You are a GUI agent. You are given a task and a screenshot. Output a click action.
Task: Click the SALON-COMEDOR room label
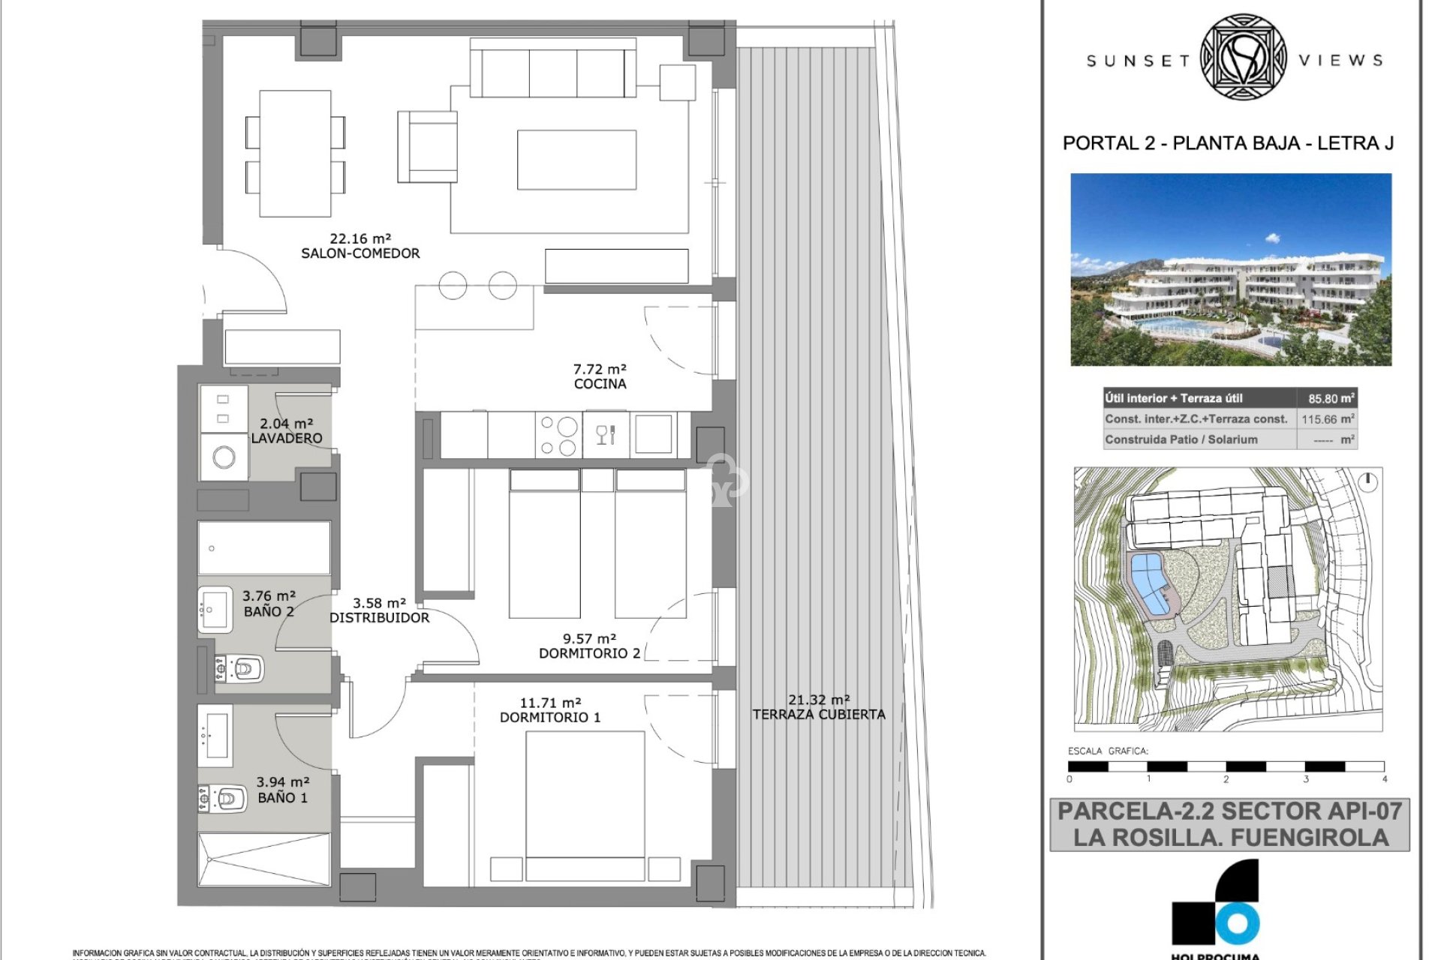[360, 253]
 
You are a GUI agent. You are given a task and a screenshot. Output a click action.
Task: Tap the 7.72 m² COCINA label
[600, 376]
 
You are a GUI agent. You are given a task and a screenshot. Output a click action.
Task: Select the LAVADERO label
[286, 438]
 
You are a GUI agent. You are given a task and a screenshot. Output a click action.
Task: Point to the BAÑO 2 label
[269, 611]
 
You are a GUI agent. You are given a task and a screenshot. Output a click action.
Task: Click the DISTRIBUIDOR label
[379, 617]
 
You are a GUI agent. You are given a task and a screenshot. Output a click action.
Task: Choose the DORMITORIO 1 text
[550, 717]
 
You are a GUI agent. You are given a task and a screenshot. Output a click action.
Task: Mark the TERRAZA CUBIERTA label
[819, 714]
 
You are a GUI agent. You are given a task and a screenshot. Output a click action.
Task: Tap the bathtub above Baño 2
[263, 548]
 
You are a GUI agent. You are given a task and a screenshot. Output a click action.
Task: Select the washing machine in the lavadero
[224, 457]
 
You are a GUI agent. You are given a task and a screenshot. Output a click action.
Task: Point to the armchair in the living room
[428, 147]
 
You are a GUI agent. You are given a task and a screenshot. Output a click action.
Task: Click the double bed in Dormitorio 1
[585, 802]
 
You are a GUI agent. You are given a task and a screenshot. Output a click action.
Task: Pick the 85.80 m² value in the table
[1331, 399]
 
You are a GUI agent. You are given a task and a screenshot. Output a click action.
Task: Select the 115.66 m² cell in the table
[1328, 419]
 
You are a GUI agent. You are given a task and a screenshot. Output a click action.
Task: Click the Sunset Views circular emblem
[1244, 58]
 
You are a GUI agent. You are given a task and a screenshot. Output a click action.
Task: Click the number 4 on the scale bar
[1385, 779]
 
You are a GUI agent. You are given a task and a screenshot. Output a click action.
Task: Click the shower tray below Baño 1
[263, 859]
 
